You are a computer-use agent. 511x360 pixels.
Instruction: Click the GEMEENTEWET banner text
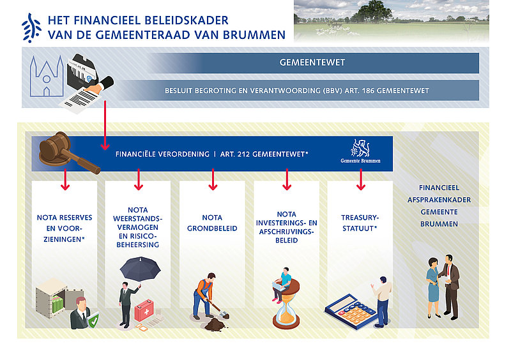[x=312, y=63]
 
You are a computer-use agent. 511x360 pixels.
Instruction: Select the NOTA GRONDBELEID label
[x=212, y=223]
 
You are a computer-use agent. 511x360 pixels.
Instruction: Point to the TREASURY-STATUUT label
[x=360, y=223]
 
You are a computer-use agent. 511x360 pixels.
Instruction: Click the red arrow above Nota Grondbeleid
[x=213, y=179]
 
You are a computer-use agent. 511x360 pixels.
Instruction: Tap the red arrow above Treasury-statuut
[x=361, y=179]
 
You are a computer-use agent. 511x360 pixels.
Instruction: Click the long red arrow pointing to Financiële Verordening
[x=105, y=126]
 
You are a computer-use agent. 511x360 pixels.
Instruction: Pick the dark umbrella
[x=140, y=269]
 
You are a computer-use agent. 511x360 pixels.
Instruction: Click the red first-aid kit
[x=144, y=310]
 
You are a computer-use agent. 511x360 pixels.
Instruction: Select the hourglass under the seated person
[x=286, y=304]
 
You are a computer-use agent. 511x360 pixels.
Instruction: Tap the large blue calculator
[x=351, y=311]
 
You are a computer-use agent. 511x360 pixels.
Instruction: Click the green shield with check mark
[x=93, y=320]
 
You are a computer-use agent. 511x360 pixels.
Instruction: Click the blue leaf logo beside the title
[x=31, y=28]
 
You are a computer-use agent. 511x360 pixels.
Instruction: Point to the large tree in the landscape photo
[x=375, y=11]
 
